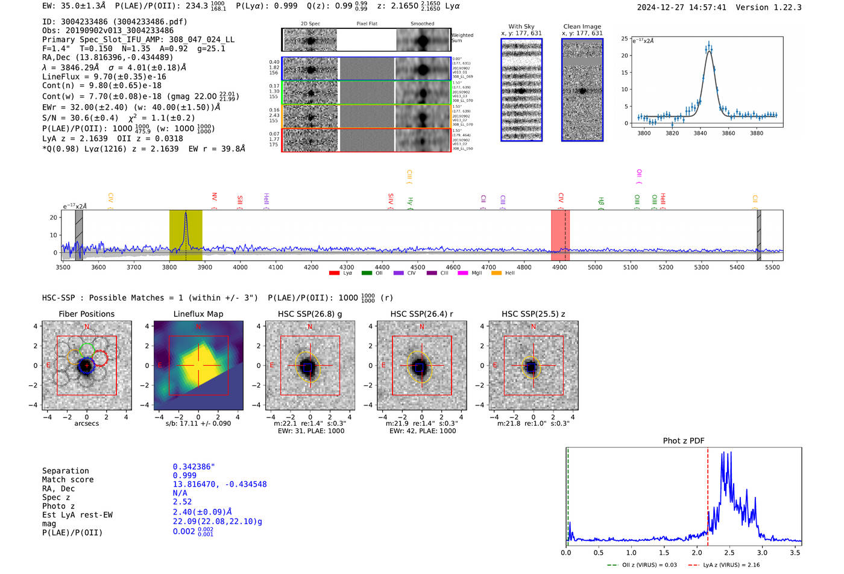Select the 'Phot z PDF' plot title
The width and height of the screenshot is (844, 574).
pyautogui.click(x=684, y=440)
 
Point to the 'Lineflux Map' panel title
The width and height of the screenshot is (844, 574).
pyautogui.click(x=198, y=314)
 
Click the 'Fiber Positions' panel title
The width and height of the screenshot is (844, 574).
pyautogui.click(x=86, y=314)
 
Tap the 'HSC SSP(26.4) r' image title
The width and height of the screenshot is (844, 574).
pyautogui.click(x=421, y=314)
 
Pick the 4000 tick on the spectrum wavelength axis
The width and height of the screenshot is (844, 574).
pyautogui.click(x=241, y=267)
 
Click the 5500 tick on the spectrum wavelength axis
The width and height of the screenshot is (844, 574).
pyautogui.click(x=772, y=267)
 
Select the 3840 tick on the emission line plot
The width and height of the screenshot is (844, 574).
pyautogui.click(x=700, y=133)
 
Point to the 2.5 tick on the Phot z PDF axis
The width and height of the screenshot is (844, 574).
pyautogui.click(x=729, y=552)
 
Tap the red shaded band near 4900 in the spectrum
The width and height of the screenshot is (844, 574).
pyautogui.click(x=559, y=235)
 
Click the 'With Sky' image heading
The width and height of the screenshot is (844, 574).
pyautogui.click(x=521, y=27)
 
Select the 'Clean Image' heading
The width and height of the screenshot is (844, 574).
pyautogui.click(x=582, y=27)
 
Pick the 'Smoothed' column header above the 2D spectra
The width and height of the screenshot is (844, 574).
pyautogui.click(x=422, y=24)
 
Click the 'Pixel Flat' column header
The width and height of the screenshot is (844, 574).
pyautogui.click(x=367, y=24)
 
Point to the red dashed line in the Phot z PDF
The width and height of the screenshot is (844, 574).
pyautogui.click(x=707, y=494)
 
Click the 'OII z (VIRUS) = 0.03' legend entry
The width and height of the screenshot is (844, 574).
pyautogui.click(x=649, y=565)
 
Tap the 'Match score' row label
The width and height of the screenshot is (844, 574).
pyautogui.click(x=68, y=479)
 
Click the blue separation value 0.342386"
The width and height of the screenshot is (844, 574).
pyautogui.click(x=194, y=467)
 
